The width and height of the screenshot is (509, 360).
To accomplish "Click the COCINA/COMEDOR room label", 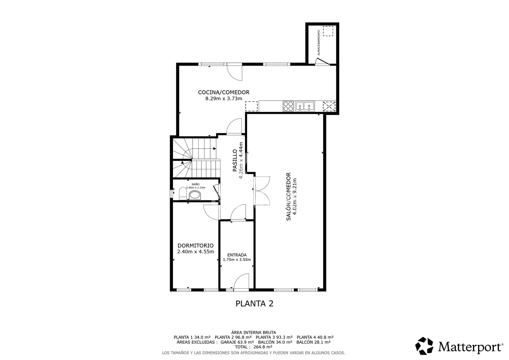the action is pos(224,92).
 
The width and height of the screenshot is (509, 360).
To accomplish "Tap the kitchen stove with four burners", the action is pos(288,106).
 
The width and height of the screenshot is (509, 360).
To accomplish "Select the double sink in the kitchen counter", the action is pos(305,106).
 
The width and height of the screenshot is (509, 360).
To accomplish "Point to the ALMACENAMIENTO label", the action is pos(319,43).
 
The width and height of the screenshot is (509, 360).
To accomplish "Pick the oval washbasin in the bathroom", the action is pos(195,195).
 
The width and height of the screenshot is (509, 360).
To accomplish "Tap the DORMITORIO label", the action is pos(195,246).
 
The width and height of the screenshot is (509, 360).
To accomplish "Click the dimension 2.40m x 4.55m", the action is pos(195,252).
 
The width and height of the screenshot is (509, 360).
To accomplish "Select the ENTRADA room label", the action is pos(237,255).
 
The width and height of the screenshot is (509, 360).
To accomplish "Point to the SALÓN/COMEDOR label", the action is pos(288,196).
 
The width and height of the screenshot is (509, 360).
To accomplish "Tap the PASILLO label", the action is pos(235,160).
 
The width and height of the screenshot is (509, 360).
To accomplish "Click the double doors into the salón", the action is pos(262,191).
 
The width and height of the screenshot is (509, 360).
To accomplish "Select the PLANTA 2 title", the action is pos(254,304).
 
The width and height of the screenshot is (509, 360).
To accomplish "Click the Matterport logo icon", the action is pos(424,346).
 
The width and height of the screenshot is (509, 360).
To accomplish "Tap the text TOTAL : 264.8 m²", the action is pos(254,347).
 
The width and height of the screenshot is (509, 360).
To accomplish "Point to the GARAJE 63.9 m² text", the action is pos(237,342).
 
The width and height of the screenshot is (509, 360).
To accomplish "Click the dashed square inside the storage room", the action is pos(328,31).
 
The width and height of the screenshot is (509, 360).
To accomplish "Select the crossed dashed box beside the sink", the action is pos(329,106).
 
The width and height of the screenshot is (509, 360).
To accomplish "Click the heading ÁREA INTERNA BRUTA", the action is pos(254,333).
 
